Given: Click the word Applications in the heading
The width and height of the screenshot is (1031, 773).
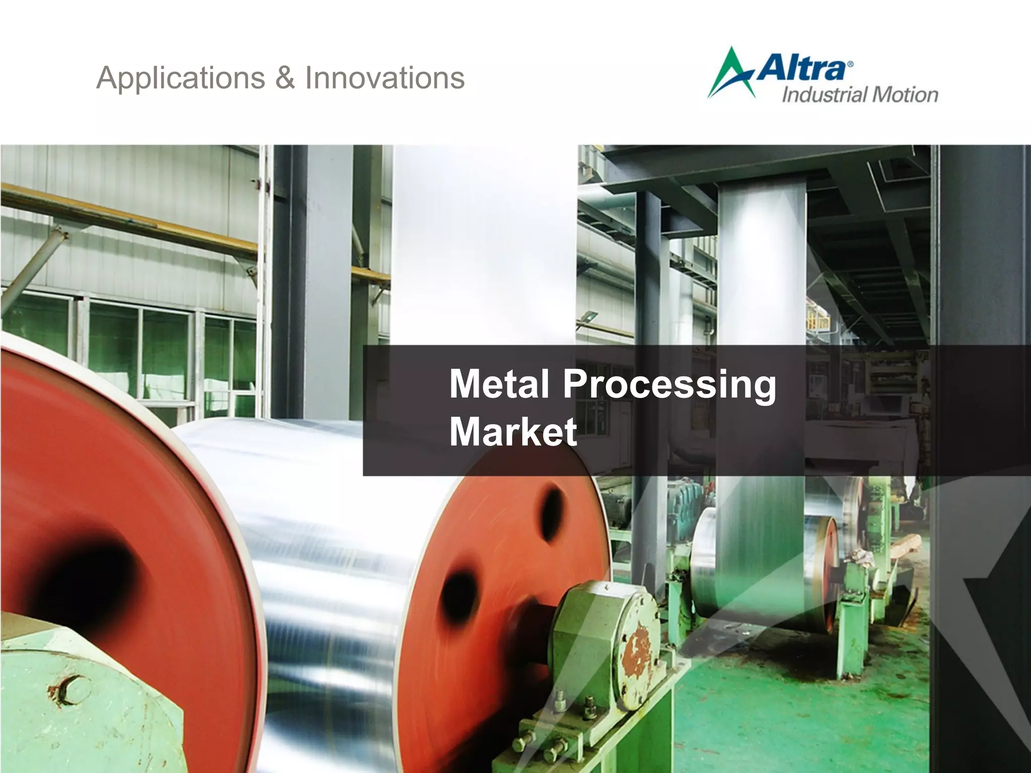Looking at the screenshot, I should pos(180,79).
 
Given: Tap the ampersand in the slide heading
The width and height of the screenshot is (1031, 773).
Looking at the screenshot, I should pos(285,79).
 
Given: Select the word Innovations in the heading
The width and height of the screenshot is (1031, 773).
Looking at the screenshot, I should pos(385,79).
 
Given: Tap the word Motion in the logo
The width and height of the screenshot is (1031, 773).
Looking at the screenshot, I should pos(905,95).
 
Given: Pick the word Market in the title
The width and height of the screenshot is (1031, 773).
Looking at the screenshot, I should pos(512,432).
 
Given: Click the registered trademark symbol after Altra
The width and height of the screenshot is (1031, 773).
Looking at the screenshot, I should pos(850,64).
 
